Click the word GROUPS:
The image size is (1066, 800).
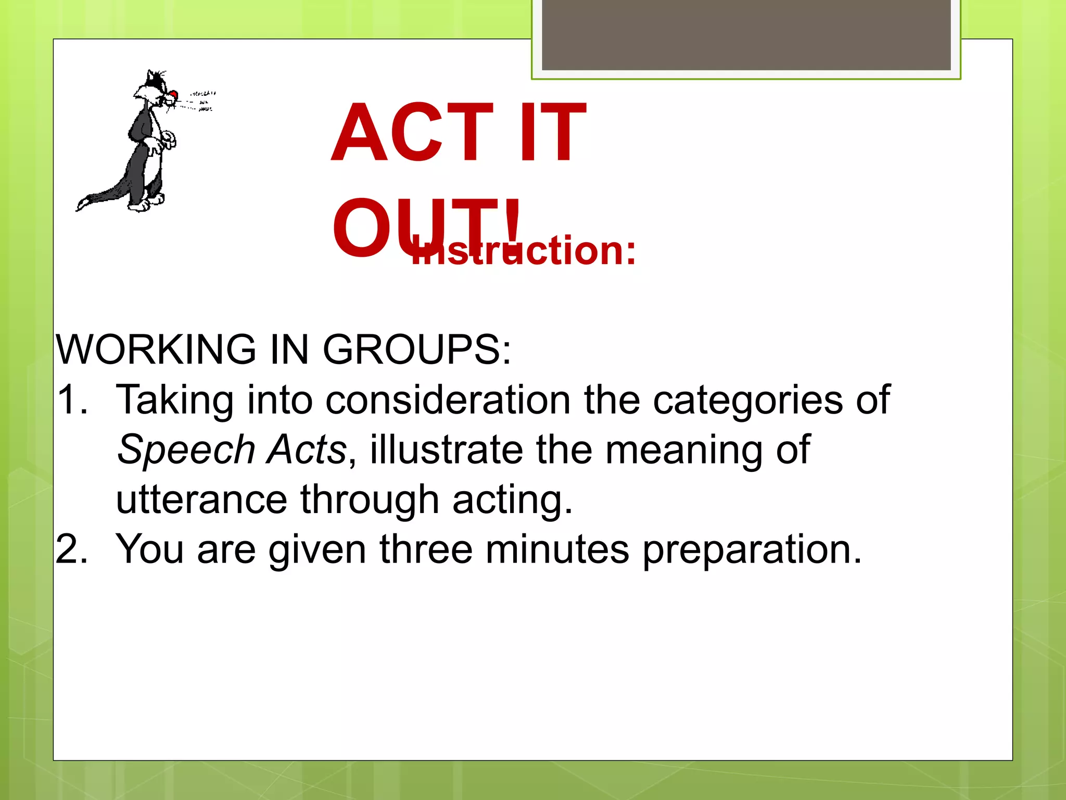(x=417, y=349)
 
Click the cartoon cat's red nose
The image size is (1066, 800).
(x=173, y=95)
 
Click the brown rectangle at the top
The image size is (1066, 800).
(x=746, y=35)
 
